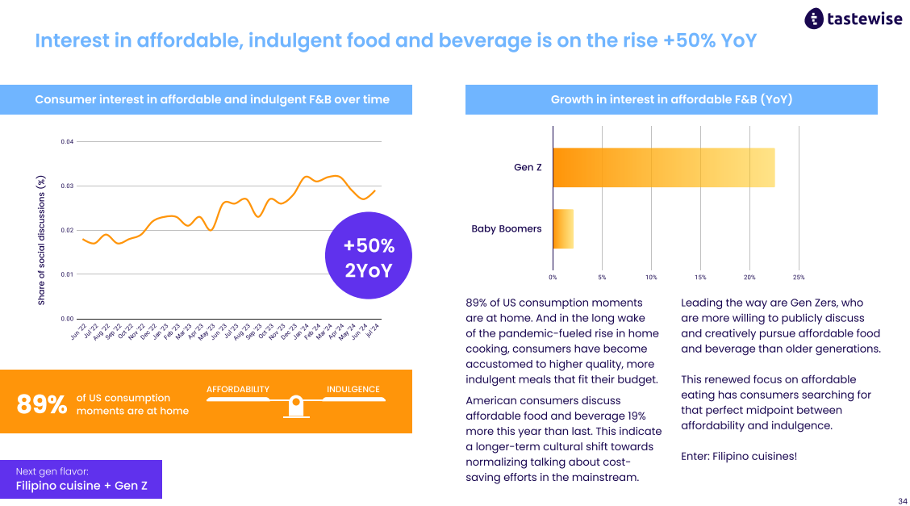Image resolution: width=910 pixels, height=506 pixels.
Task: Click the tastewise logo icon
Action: point(814,19)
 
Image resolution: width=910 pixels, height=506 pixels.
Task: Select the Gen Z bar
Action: point(664,168)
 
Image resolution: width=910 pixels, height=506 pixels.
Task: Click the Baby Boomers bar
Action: point(563,228)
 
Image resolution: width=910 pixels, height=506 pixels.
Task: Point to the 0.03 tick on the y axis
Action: point(67,186)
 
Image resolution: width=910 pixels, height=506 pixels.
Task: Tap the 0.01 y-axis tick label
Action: point(67,274)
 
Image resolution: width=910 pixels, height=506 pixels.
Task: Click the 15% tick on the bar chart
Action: point(700,278)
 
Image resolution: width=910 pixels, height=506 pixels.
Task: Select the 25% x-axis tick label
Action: point(799,278)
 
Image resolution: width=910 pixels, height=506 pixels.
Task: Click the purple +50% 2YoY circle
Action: point(369,255)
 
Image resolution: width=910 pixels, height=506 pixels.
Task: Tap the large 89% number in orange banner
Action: point(42,404)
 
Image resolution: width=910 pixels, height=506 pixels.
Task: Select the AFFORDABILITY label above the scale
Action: point(238,389)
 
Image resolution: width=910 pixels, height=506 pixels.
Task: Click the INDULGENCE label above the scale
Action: point(353,389)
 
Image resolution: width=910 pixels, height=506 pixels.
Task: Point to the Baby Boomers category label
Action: point(506,228)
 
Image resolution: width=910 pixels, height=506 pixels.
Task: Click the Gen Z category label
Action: point(528,167)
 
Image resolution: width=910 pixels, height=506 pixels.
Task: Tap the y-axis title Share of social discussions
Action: point(41,240)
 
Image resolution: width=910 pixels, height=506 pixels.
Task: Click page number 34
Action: point(903,501)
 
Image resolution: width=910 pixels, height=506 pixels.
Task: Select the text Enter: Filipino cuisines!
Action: point(739,456)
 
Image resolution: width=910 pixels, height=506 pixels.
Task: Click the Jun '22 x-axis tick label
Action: point(79,331)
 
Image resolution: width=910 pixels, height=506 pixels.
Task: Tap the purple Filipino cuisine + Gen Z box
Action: point(81,479)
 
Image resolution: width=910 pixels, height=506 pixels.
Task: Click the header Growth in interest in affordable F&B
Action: point(671,99)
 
